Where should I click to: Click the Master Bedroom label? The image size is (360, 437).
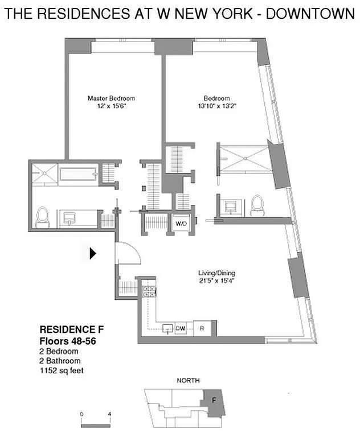tap(111, 98)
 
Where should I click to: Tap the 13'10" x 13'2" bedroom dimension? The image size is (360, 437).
tap(217, 106)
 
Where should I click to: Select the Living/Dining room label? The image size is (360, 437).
tap(217, 273)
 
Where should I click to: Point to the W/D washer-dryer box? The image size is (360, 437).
tap(181, 224)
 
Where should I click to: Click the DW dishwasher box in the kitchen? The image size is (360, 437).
tap(180, 328)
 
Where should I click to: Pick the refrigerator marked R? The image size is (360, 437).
tap(202, 328)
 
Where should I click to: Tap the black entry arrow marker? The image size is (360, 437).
tap(93, 253)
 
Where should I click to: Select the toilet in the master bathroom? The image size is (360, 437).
tap(42, 217)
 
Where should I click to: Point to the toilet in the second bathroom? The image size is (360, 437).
tap(257, 205)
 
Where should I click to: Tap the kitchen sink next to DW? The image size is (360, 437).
tap(167, 328)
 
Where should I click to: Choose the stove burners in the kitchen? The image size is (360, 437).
tap(149, 291)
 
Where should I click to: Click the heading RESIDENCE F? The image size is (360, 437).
tap(72, 329)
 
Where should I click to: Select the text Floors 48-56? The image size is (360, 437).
tap(68, 341)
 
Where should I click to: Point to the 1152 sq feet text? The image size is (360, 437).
tap(62, 370)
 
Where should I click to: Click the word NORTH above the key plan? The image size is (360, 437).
tap(188, 381)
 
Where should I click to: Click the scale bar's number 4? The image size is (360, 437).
tap(109, 414)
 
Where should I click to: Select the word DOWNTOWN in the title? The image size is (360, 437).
tap(310, 14)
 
